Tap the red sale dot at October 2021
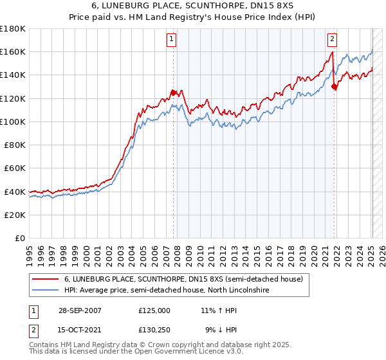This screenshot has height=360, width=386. pos(334,87)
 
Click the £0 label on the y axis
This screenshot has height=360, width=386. pos(21,238)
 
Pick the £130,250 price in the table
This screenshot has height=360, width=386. pos(154,330)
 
